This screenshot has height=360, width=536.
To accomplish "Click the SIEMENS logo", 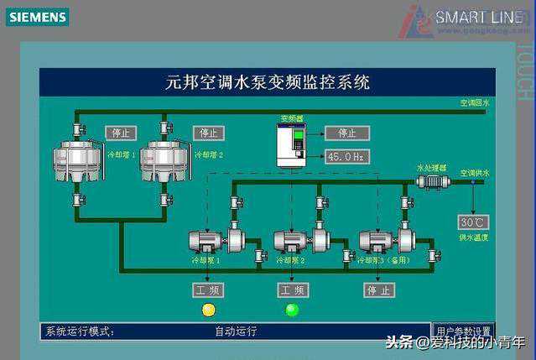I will pos(37,17).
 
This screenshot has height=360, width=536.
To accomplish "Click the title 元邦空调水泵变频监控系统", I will pos(268,83).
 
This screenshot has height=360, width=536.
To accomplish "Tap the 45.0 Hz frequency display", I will pos(346,157).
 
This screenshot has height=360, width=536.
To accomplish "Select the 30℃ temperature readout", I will pos(472,222).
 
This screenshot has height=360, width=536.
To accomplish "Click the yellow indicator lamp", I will pos(209,310).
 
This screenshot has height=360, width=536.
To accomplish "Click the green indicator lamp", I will pos(292,310).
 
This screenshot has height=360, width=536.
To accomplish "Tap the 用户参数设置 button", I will pos(462,331).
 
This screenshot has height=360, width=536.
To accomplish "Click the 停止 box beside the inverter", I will pos(346,133).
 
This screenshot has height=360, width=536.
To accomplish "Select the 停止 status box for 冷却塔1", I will pos(121,133).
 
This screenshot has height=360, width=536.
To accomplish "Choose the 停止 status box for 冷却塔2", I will pos(209,133).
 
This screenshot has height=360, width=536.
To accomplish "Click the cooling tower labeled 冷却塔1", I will pos(77,159).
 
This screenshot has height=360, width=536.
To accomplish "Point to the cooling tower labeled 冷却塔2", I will pos(164,159).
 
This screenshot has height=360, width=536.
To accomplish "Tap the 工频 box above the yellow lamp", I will pos(209,290).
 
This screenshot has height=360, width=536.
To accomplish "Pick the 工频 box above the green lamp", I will pos(292,290).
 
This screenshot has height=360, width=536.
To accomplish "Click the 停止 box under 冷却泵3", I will pos(378,290).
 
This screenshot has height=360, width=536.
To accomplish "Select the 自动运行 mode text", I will pos(236,331).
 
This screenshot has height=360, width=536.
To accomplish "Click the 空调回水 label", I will pos(474,103).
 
